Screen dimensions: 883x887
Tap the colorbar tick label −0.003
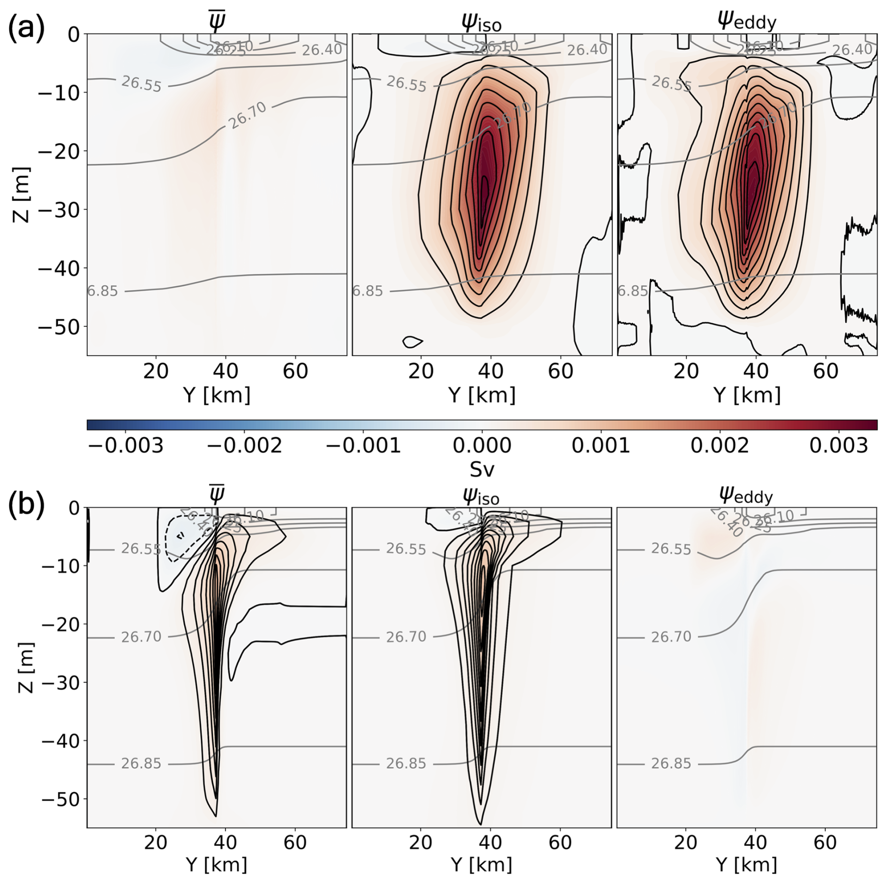(x=126, y=445)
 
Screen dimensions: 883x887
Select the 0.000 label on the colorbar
(x=481, y=445)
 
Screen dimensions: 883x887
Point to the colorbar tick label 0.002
(x=720, y=445)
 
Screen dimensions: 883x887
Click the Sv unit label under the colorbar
(x=482, y=469)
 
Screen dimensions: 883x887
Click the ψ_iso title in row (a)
(x=481, y=23)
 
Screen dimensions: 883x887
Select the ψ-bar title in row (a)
(x=217, y=22)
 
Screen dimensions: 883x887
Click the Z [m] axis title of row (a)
(x=22, y=194)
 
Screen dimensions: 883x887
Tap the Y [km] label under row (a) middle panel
(x=481, y=395)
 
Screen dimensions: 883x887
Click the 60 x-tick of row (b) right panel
(x=825, y=842)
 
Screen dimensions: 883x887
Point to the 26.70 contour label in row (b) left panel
(x=141, y=637)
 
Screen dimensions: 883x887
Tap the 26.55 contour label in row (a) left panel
(x=141, y=83)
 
